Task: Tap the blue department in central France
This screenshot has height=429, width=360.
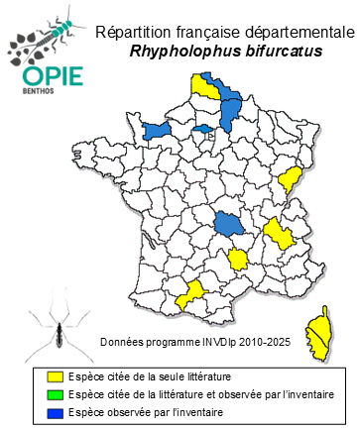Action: (x=230, y=224)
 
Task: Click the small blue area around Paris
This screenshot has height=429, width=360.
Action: (x=201, y=128)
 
